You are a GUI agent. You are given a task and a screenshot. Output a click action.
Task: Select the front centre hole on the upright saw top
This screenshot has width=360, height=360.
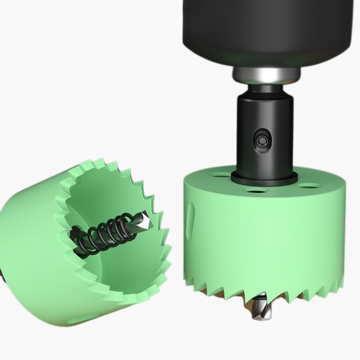255,190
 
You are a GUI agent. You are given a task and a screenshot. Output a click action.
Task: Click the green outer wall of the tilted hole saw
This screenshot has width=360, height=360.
32,255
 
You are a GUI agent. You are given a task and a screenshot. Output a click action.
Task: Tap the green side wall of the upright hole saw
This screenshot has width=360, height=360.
264,237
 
